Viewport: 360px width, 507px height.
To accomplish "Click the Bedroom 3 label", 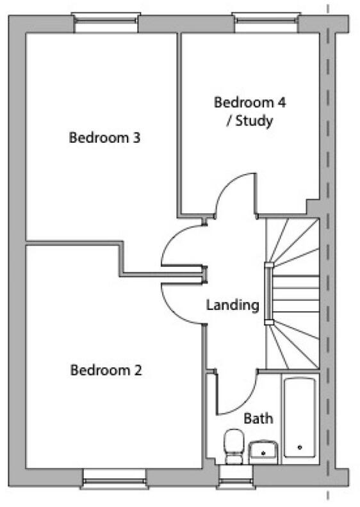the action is pyautogui.click(x=104, y=138).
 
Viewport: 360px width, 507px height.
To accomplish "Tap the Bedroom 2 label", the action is pyautogui.click(x=106, y=370).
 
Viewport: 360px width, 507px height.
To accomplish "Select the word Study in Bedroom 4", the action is pyautogui.click(x=254, y=121).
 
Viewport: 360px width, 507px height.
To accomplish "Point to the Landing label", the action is pyautogui.click(x=233, y=305).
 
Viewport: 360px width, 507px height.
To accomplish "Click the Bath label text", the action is pyautogui.click(x=258, y=419).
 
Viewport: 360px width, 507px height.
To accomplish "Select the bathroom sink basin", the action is pyautogui.click(x=263, y=451).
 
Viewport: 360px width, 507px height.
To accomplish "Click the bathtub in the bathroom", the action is pyautogui.click(x=300, y=418).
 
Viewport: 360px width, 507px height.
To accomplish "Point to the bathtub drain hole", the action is pyautogui.click(x=300, y=447).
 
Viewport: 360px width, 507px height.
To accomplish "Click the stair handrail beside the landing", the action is pyautogui.click(x=269, y=293).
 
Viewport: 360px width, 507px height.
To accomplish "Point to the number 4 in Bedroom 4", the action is pyautogui.click(x=281, y=102).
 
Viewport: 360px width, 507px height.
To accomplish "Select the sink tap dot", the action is pyautogui.click(x=263, y=453).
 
